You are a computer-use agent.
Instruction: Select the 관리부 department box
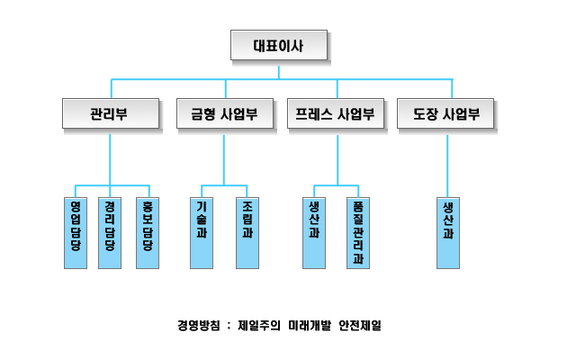[x=111, y=114]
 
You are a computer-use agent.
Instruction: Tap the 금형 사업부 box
[x=224, y=114]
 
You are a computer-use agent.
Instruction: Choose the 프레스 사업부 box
[x=337, y=114]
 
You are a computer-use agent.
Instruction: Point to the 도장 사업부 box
[x=447, y=114]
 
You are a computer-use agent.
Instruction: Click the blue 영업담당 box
[x=76, y=232]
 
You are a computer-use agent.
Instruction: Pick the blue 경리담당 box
[x=110, y=232]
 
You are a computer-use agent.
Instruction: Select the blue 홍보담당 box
[x=147, y=232]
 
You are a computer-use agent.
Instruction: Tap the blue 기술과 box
[x=201, y=232]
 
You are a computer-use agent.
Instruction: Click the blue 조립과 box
[x=247, y=232]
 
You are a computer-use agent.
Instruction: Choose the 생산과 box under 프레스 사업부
[x=313, y=232]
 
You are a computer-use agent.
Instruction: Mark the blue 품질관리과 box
[x=358, y=232]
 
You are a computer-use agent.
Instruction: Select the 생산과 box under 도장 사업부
[x=447, y=232]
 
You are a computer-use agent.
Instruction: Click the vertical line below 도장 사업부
[x=447, y=162]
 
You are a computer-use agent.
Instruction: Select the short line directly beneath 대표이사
[x=278, y=71]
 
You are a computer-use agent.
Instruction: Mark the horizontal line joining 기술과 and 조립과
[x=224, y=186]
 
